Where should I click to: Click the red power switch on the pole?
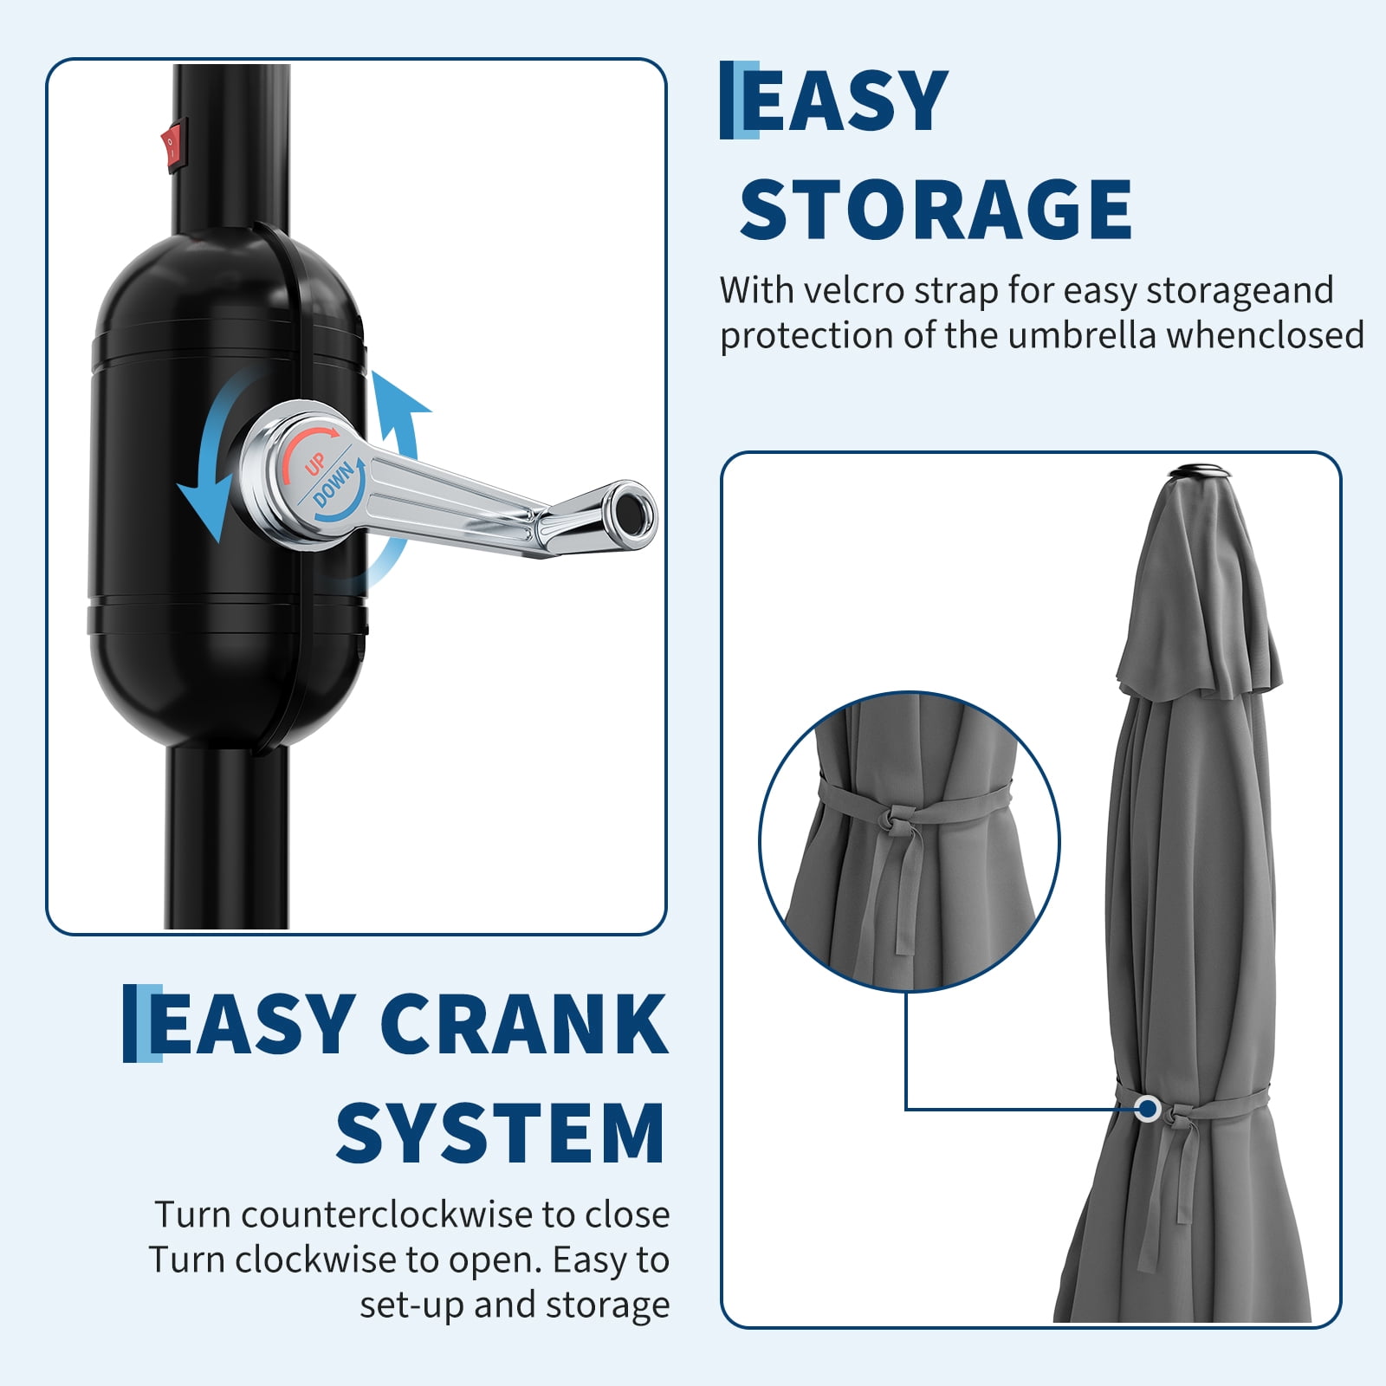pyautogui.click(x=172, y=146)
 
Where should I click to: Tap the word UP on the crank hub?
pyautogui.click(x=314, y=465)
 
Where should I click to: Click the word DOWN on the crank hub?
pyautogui.click(x=334, y=484)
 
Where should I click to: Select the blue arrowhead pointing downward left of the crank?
pyautogui.click(x=201, y=511)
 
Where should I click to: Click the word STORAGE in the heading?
pyautogui.click(x=936, y=209)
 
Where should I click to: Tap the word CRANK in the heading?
pyautogui.click(x=523, y=1025)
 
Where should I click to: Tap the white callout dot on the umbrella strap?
pyautogui.click(x=1149, y=1108)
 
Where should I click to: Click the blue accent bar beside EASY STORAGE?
pyautogui.click(x=739, y=100)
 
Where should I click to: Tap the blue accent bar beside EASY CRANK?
pyautogui.click(x=142, y=1023)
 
